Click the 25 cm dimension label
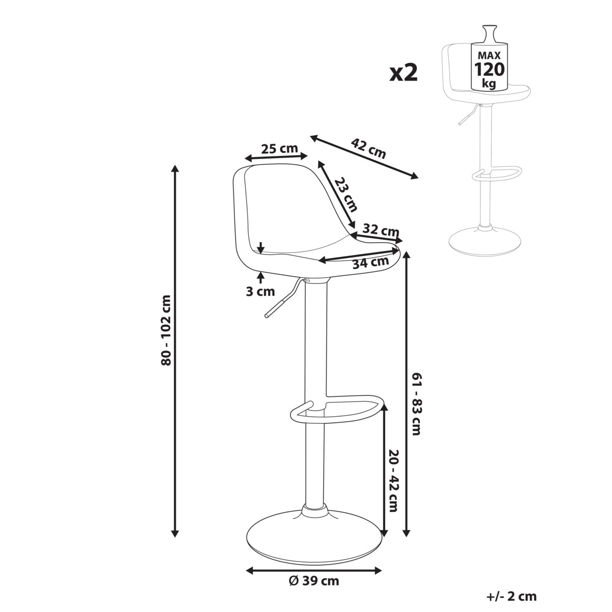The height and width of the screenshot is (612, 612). pyautogui.click(x=279, y=148)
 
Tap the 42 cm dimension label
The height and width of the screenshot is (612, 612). pyautogui.click(x=369, y=148)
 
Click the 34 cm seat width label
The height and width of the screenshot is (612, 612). pyautogui.click(x=371, y=263)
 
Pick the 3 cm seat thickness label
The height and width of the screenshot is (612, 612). pyautogui.click(x=260, y=292)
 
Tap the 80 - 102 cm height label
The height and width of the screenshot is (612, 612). pyautogui.click(x=166, y=330)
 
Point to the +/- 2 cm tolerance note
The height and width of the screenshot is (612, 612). pyautogui.click(x=512, y=596)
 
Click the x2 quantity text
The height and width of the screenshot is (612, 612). pyautogui.click(x=403, y=73)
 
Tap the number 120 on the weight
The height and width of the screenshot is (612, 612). pyautogui.click(x=490, y=69)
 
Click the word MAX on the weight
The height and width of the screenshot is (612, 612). pyautogui.click(x=490, y=56)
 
